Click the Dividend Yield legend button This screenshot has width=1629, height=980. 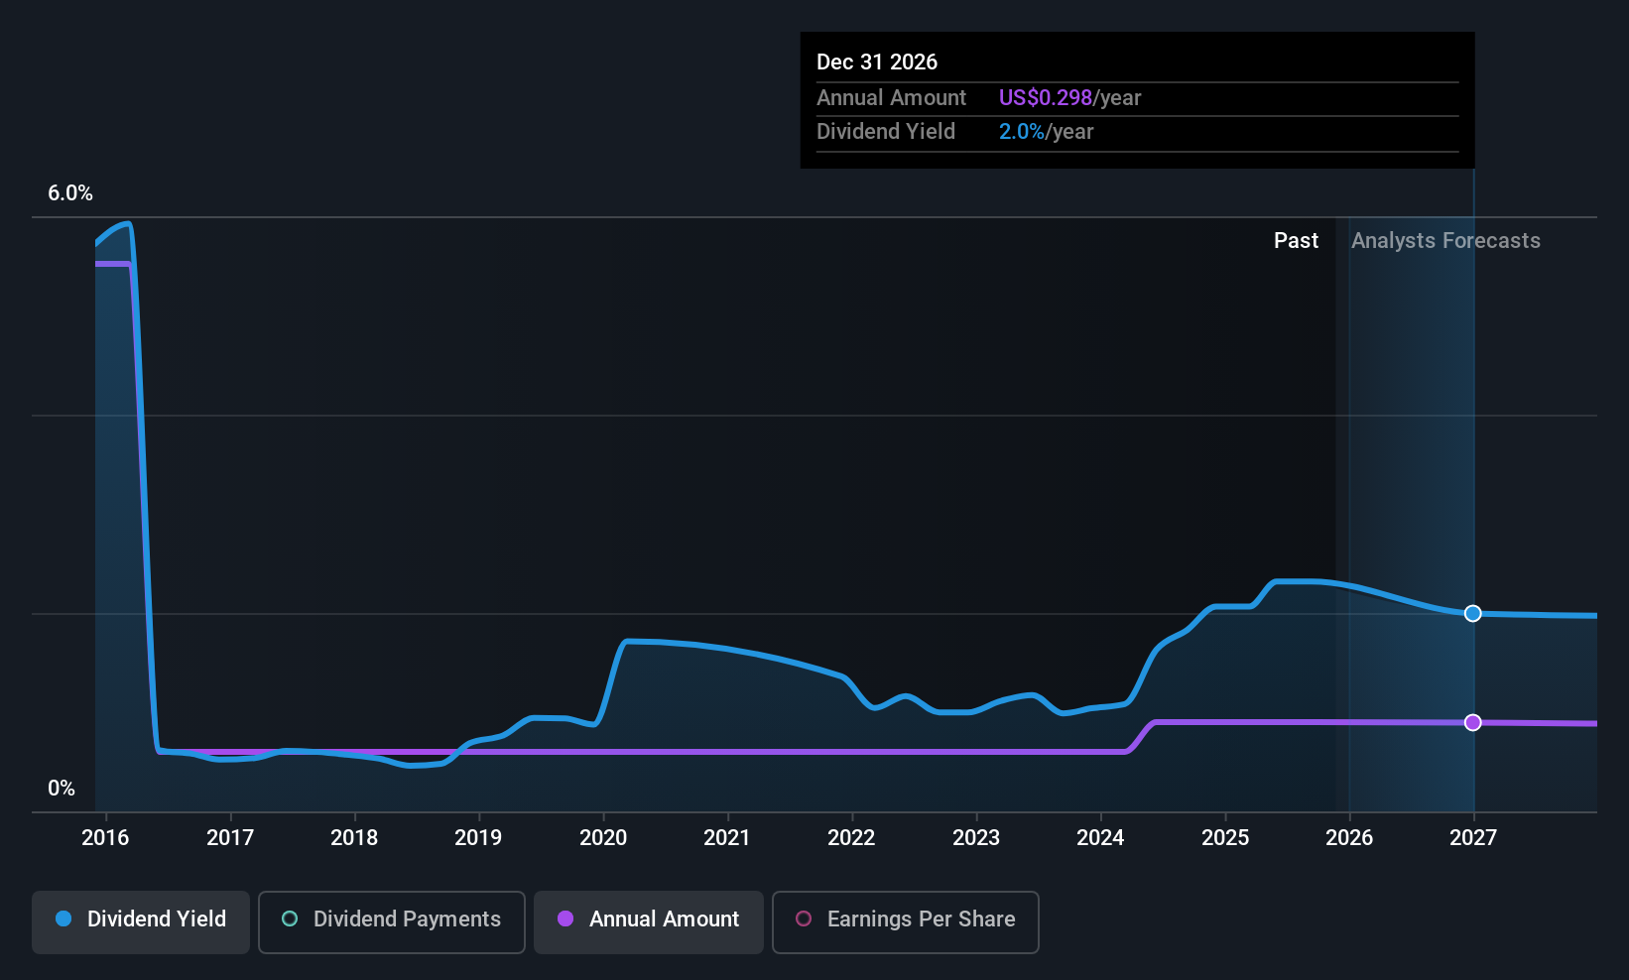[x=141, y=919]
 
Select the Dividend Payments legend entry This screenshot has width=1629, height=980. [x=392, y=919]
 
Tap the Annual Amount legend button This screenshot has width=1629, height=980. [x=649, y=919]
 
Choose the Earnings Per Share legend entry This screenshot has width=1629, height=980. [x=905, y=919]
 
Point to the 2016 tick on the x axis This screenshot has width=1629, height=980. [x=105, y=838]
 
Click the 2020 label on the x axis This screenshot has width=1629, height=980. [x=603, y=838]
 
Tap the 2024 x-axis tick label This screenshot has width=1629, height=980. [x=1100, y=838]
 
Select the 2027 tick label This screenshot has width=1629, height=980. [x=1473, y=838]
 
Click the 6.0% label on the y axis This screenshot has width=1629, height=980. [x=70, y=193]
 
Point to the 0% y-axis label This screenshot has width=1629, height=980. [x=62, y=789]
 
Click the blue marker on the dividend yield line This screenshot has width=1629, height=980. [x=1473, y=613]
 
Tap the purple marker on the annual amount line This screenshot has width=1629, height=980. [x=1473, y=722]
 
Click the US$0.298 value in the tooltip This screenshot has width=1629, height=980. [x=1045, y=98]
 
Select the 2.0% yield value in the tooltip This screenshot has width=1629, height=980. [x=1021, y=132]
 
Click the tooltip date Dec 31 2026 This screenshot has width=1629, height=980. [x=877, y=62]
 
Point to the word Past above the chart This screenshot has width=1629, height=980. [x=1296, y=241]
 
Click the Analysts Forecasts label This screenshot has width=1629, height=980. [x=1445, y=241]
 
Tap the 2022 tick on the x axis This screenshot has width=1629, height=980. [x=851, y=838]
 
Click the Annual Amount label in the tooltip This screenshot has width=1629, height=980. [x=891, y=98]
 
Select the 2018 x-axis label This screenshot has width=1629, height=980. [x=354, y=838]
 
